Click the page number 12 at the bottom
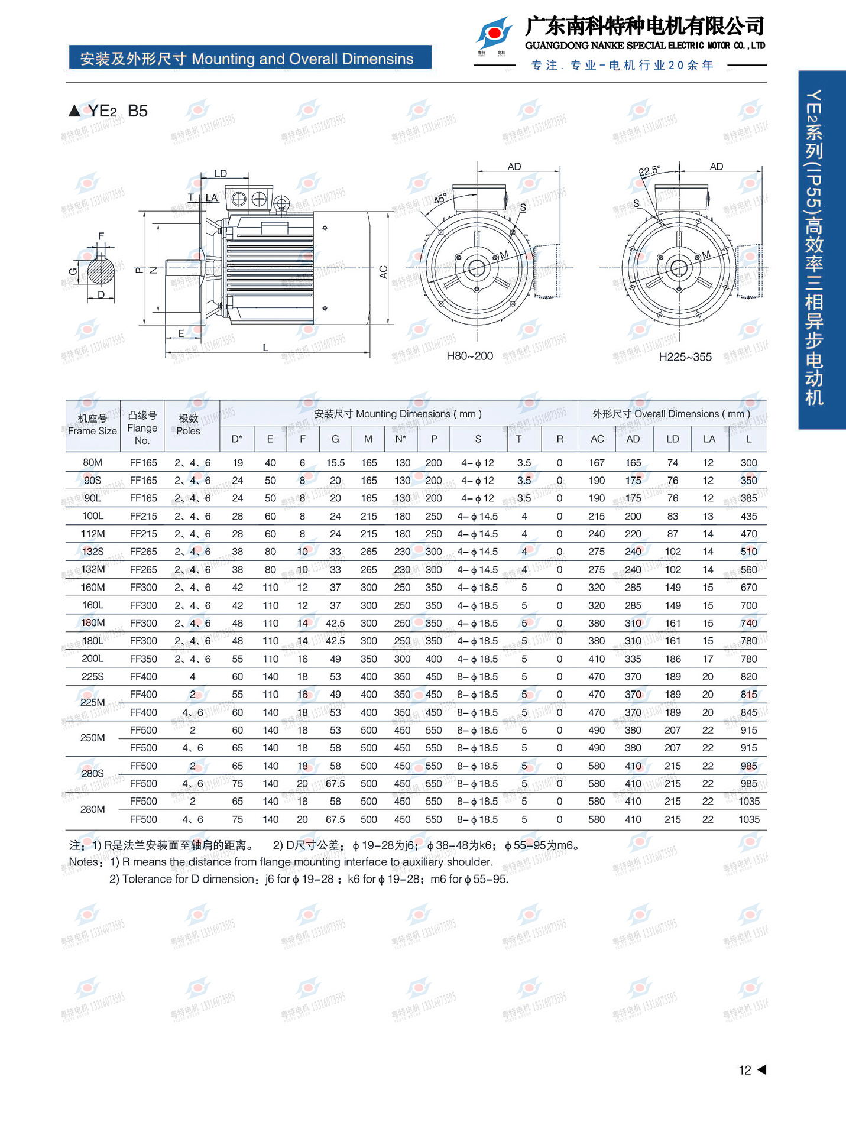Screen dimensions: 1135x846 [x=744, y=1070]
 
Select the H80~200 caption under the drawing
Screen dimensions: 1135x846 [x=469, y=356]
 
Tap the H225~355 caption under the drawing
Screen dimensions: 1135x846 [x=685, y=357]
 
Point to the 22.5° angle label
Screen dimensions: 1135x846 [x=650, y=171]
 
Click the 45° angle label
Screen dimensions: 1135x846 [x=440, y=199]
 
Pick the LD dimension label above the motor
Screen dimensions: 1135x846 [x=221, y=174]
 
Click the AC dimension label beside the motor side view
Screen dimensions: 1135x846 [x=383, y=272]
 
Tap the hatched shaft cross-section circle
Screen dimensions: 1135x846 [x=101, y=273]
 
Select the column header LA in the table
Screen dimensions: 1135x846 [x=709, y=439]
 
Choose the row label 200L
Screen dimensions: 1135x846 [x=93, y=659]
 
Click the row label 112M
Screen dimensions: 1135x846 [x=93, y=534]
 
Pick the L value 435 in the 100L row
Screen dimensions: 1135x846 [x=748, y=516]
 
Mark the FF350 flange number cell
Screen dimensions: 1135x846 [x=143, y=659]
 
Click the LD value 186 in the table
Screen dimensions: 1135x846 [x=673, y=659]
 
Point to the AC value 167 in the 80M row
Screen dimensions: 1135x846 [x=597, y=463]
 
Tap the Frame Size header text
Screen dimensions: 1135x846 [x=92, y=431]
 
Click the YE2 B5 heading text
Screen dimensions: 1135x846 [x=117, y=111]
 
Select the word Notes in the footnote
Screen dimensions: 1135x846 [x=83, y=862]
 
